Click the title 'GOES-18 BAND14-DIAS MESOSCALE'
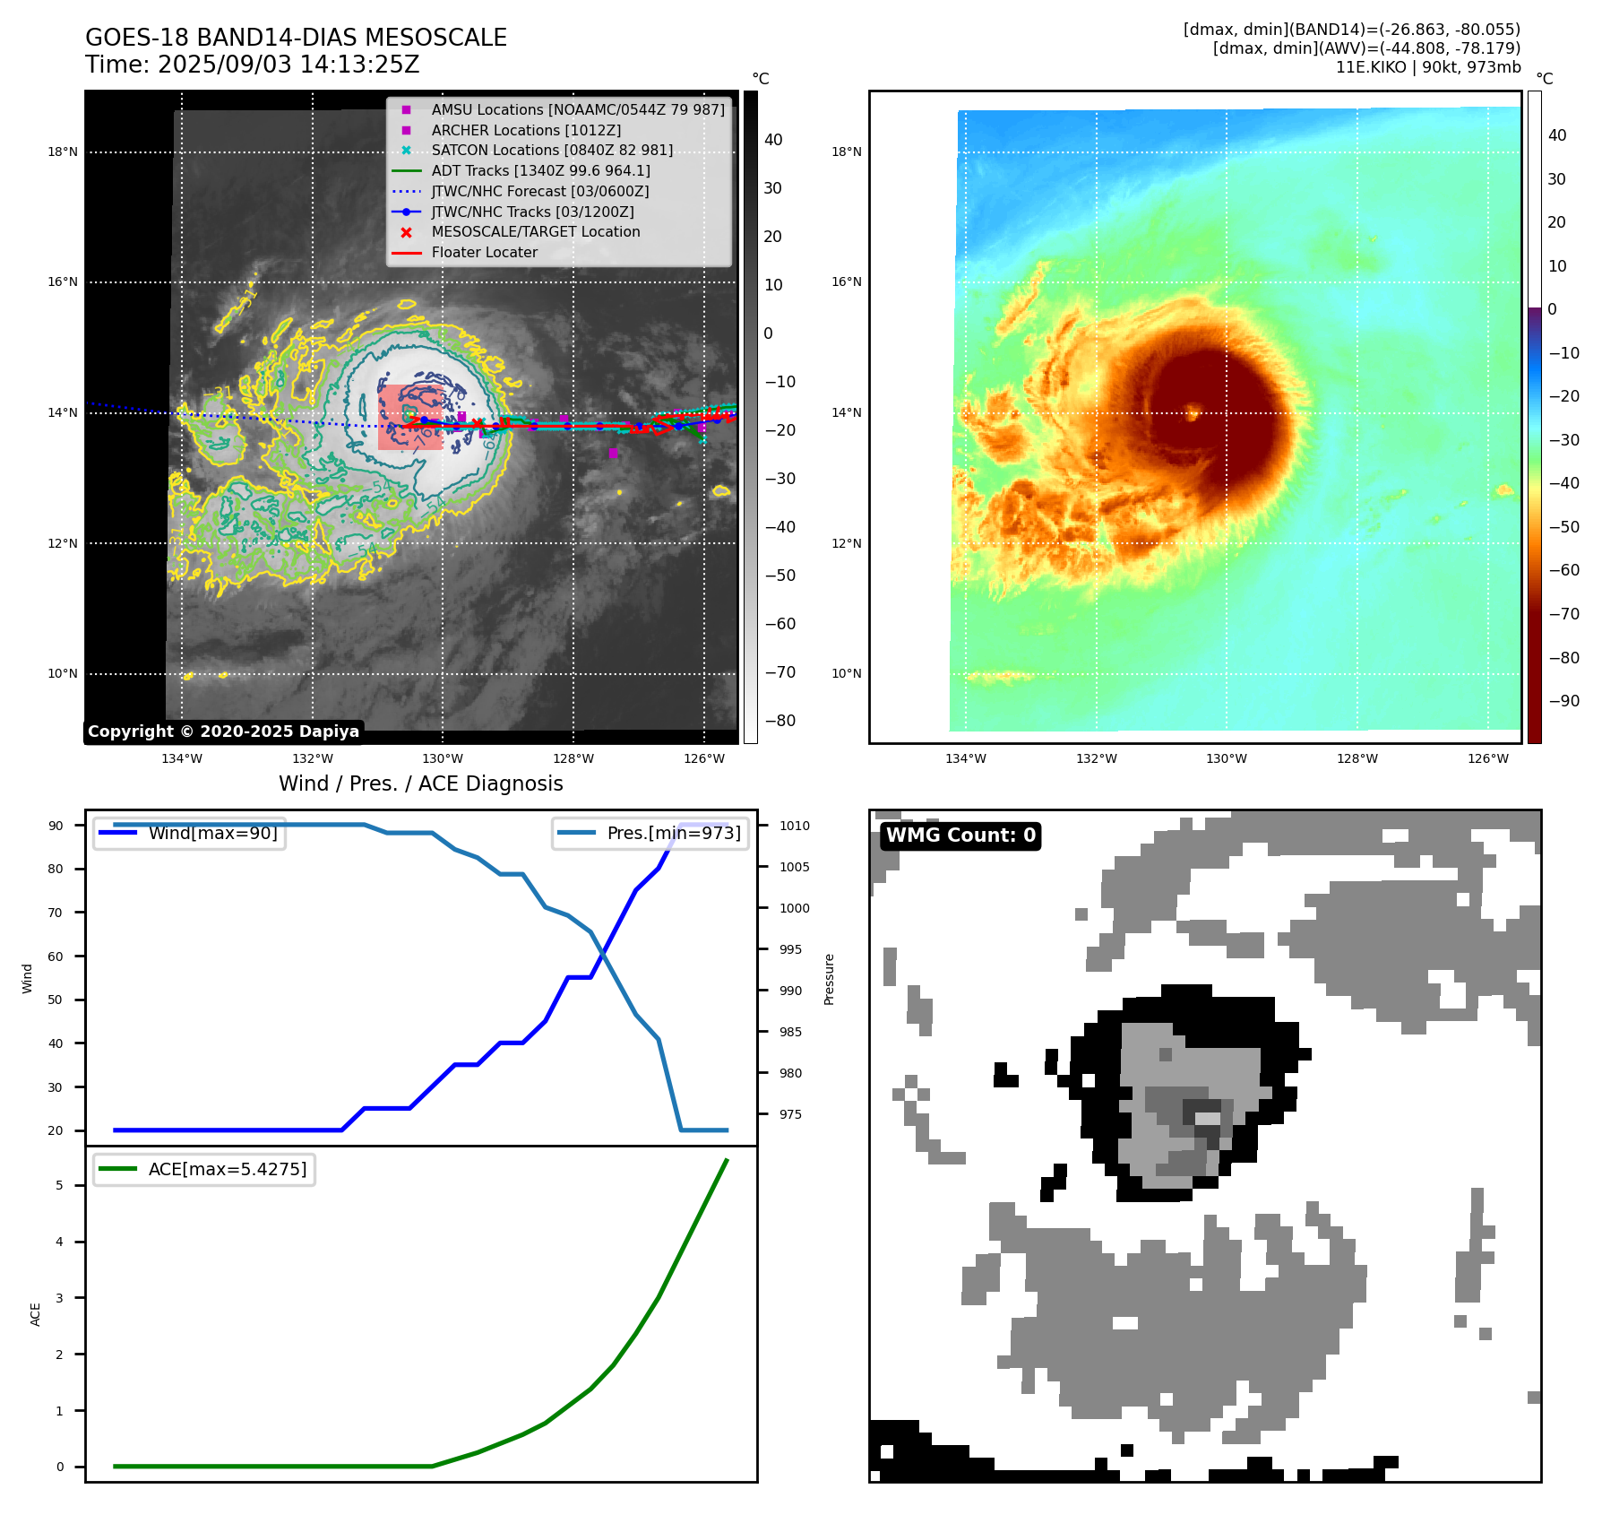[296, 38]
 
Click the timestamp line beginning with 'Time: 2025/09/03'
[253, 65]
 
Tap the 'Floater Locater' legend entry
[484, 252]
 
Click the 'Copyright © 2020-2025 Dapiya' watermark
[223, 732]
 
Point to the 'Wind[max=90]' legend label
[212, 833]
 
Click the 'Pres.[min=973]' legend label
[674, 833]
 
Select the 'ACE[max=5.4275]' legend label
[227, 1169]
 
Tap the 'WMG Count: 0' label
[960, 835]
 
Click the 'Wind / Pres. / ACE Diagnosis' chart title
[421, 783]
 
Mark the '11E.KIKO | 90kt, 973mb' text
[1428, 67]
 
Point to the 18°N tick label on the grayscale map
[63, 151]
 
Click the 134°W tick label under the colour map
[965, 758]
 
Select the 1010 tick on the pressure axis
[795, 826]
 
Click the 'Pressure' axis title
[829, 979]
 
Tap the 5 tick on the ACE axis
[60, 1185]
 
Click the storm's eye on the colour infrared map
[1193, 412]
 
